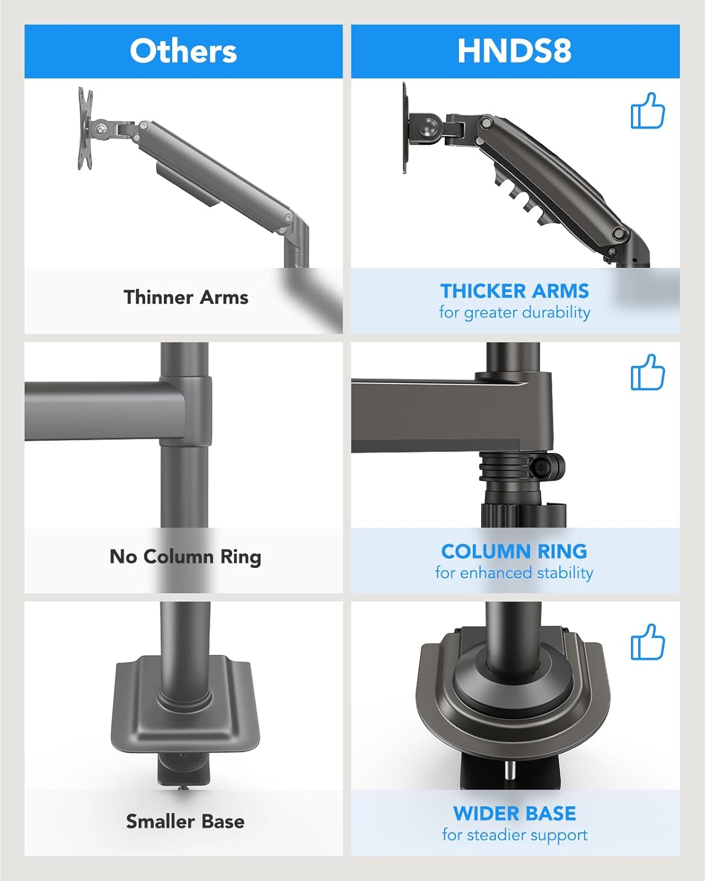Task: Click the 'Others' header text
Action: tap(183, 51)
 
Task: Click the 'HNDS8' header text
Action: tap(515, 51)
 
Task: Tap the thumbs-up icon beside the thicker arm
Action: tap(647, 111)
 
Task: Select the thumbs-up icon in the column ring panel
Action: tap(647, 372)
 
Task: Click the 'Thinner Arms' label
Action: tap(186, 297)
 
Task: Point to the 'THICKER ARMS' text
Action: tap(515, 291)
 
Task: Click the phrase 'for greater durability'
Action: tap(515, 312)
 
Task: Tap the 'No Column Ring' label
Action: tap(185, 557)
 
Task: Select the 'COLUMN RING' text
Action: tap(514, 551)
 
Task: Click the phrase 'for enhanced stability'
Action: tap(514, 573)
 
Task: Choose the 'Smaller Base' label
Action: tap(185, 821)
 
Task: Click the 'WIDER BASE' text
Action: tap(515, 813)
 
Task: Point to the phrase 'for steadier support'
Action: tap(515, 835)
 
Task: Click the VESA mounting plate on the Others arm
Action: tap(86, 129)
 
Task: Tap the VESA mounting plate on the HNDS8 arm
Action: tap(405, 128)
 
